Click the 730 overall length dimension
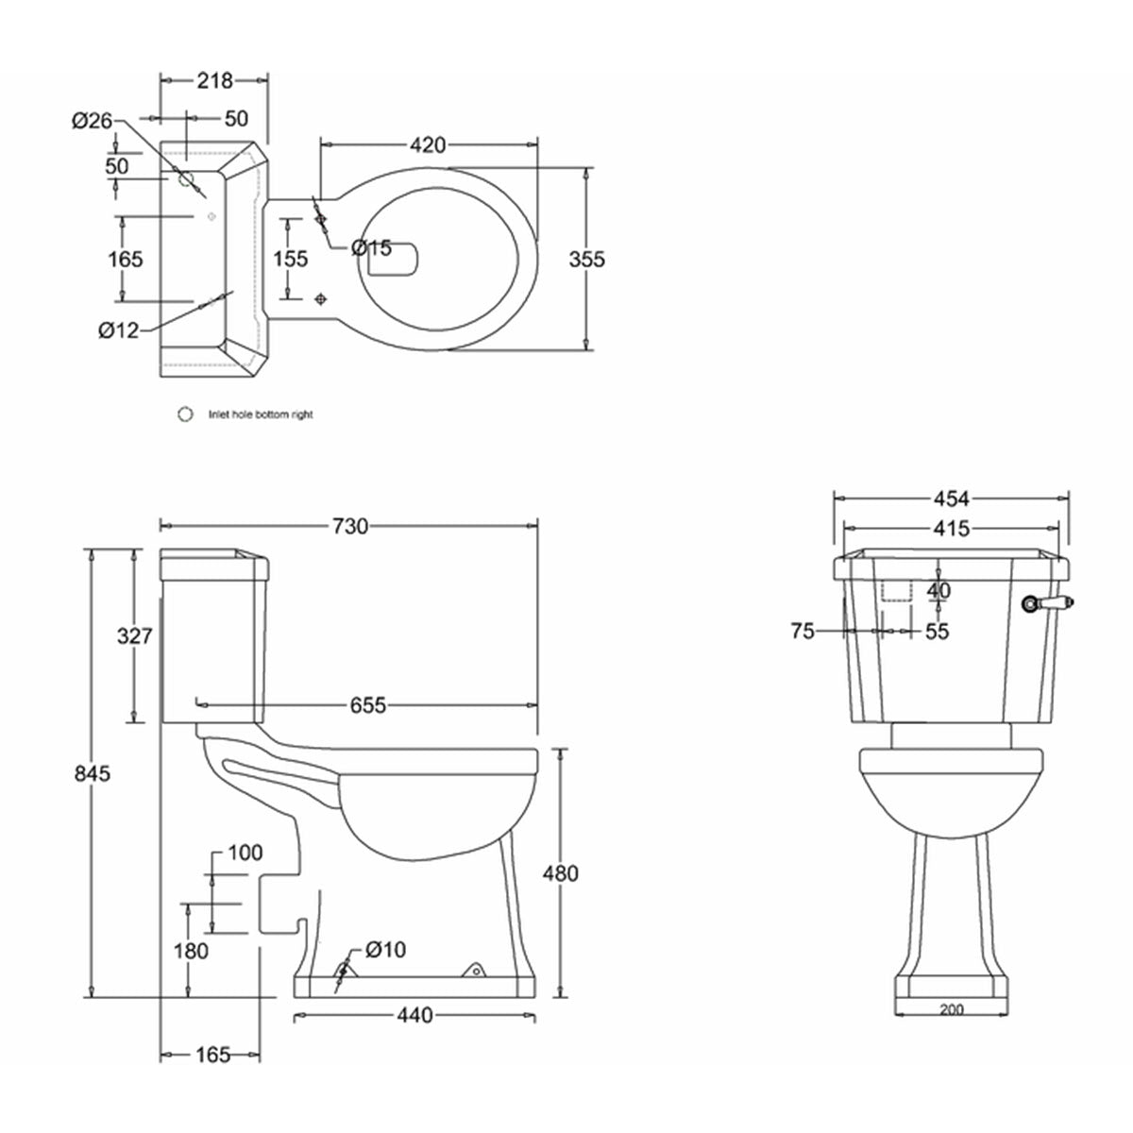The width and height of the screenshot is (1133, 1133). pyautogui.click(x=349, y=527)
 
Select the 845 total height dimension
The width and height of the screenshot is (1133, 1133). pyautogui.click(x=93, y=773)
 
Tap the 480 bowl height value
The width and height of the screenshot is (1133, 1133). pyautogui.click(x=561, y=873)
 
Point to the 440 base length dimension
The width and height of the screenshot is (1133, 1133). pyautogui.click(x=415, y=1016)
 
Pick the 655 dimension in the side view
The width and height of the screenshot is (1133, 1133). pyautogui.click(x=367, y=704)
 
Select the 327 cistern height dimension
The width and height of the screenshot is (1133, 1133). pyautogui.click(x=134, y=635)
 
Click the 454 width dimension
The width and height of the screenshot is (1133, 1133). pyautogui.click(x=951, y=499)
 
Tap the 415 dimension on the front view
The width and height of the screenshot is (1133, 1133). pyautogui.click(x=951, y=529)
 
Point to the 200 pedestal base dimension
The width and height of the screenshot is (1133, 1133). pyautogui.click(x=952, y=1010)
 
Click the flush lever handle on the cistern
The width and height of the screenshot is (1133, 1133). pyautogui.click(x=1047, y=600)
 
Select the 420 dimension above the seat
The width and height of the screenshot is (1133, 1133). pyautogui.click(x=428, y=144)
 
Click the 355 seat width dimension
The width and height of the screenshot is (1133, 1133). pyautogui.click(x=587, y=259)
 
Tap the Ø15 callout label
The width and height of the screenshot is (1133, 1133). pyautogui.click(x=370, y=247)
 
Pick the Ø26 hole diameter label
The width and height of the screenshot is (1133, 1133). pyautogui.click(x=92, y=120)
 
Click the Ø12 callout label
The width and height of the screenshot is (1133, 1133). pyautogui.click(x=118, y=330)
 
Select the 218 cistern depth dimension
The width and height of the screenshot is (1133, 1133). pyautogui.click(x=214, y=81)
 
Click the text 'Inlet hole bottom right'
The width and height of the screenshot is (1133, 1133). pyautogui.click(x=261, y=414)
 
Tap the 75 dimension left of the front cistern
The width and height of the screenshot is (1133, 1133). pyautogui.click(x=803, y=632)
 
